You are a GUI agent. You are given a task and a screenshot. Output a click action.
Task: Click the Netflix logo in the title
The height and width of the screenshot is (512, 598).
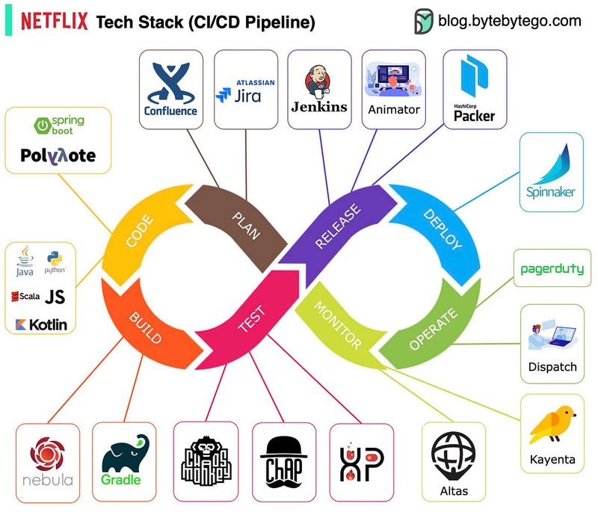click(54, 22)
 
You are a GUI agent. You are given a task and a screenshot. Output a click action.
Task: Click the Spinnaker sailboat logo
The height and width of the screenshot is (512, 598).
click(550, 172)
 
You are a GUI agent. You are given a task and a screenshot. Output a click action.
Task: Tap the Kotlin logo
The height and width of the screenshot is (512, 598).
click(39, 324)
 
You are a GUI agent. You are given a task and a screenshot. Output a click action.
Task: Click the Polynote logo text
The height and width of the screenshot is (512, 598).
click(58, 155)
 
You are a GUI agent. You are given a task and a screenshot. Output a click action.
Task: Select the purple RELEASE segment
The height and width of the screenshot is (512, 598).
click(337, 225)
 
